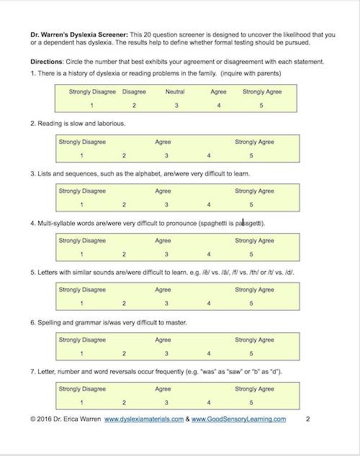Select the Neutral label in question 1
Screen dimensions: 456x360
175,91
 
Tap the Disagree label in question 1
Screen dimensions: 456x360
134,91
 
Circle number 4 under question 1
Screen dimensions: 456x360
219,106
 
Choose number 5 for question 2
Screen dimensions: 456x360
251,155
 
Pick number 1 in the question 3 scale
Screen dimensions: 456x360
82,205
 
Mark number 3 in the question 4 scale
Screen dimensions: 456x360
166,254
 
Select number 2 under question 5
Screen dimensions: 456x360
124,304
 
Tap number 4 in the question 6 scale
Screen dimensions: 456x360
209,353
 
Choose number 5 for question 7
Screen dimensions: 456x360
251,403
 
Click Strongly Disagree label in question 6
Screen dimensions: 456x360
82,339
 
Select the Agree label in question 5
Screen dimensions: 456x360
163,290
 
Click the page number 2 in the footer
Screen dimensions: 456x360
307,419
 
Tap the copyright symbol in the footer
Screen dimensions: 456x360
33,419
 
